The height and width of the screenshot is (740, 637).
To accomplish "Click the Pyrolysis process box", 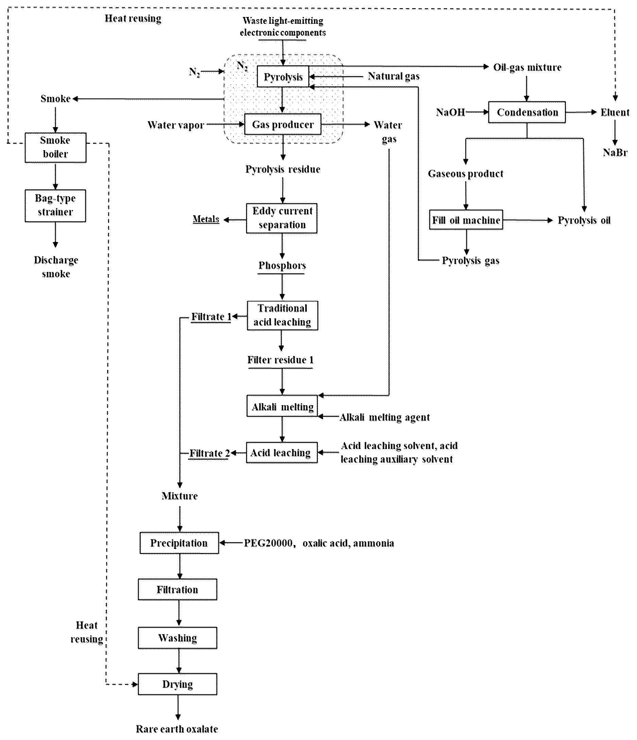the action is click(x=283, y=76).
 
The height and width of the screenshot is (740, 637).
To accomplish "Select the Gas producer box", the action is click(x=283, y=124).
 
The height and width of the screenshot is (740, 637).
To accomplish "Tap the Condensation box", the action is click(x=527, y=112).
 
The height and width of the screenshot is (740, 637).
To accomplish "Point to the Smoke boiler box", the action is click(x=55, y=148).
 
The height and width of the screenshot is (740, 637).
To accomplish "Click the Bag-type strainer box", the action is click(x=55, y=205).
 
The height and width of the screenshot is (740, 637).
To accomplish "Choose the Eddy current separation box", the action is click(x=282, y=218).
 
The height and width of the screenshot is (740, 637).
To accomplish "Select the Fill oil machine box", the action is click(x=466, y=220).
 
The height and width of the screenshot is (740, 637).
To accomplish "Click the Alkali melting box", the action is click(x=282, y=406).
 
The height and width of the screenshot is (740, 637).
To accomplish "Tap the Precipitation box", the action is click(x=179, y=543).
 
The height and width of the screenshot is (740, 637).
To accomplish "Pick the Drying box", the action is click(x=177, y=684).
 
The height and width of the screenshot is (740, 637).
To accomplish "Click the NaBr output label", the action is click(x=615, y=153).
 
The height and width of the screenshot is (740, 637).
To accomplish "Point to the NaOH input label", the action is click(x=451, y=112).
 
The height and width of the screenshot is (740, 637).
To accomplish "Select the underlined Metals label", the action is click(x=206, y=219).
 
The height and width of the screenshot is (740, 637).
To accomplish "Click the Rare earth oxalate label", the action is click(x=177, y=728).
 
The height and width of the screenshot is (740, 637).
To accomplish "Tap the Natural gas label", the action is click(x=394, y=76).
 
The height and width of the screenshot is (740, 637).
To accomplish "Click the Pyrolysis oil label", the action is click(x=584, y=220).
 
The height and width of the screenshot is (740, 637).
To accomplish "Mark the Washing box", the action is click(x=177, y=637).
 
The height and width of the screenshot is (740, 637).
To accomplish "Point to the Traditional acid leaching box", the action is click(x=282, y=315).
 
